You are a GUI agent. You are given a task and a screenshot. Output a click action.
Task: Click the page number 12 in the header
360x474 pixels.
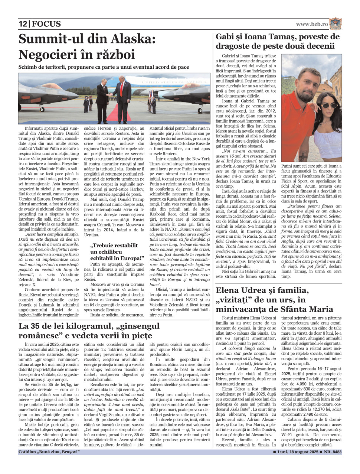coord(23,24)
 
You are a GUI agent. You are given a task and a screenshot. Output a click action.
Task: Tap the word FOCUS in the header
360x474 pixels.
coord(46,24)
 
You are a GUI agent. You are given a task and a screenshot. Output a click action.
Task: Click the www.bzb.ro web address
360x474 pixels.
coord(312,24)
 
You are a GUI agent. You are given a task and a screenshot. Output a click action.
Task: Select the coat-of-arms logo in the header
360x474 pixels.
coord(335,23)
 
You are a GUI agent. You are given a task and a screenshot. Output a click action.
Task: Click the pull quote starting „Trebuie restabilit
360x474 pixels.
coord(117,251)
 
